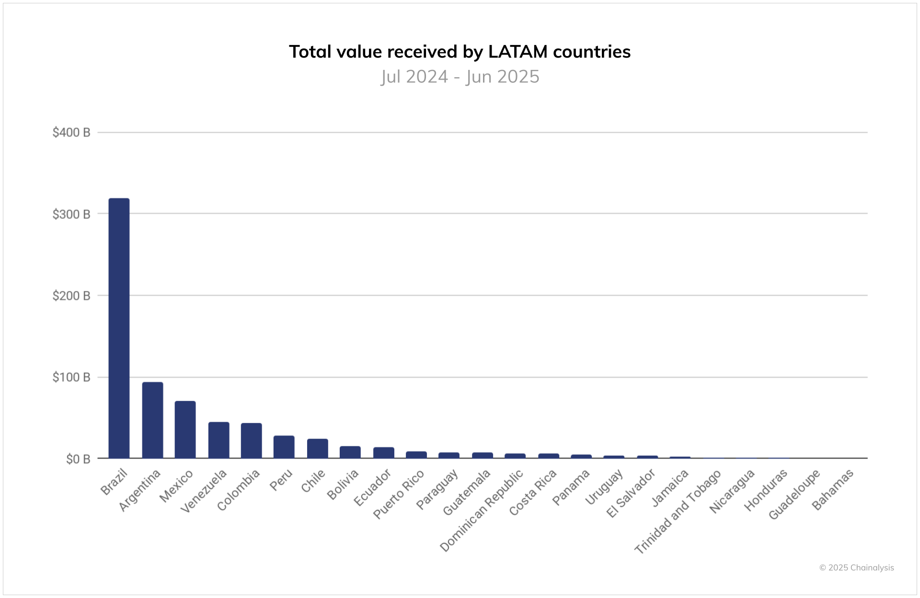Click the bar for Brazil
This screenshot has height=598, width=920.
click(x=119, y=328)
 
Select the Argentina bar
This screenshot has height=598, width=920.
click(x=152, y=420)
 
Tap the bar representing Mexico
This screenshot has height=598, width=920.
click(x=185, y=429)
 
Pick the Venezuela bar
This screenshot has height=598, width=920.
click(x=218, y=440)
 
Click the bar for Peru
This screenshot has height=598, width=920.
click(x=284, y=447)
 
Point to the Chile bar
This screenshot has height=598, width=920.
click(x=317, y=448)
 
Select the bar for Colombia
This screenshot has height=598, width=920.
click(x=251, y=440)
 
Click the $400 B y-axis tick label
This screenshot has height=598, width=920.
click(x=71, y=133)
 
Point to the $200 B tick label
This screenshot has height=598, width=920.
click(x=71, y=296)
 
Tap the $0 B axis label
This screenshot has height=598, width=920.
click(x=78, y=459)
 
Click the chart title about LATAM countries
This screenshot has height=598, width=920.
click(x=460, y=52)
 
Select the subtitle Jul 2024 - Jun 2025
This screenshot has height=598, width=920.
click(x=460, y=77)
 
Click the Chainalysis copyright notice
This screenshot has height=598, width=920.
click(x=856, y=568)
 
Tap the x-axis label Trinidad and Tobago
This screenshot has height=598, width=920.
click(x=678, y=511)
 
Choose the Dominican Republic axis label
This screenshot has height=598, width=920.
click(x=482, y=510)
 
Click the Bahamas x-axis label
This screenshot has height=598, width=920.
click(x=833, y=489)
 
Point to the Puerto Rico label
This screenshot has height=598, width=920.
click(x=399, y=494)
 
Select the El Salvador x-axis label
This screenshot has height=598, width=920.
click(x=631, y=493)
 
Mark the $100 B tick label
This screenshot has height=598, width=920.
click(x=71, y=378)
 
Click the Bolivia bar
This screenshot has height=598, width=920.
click(x=350, y=452)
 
